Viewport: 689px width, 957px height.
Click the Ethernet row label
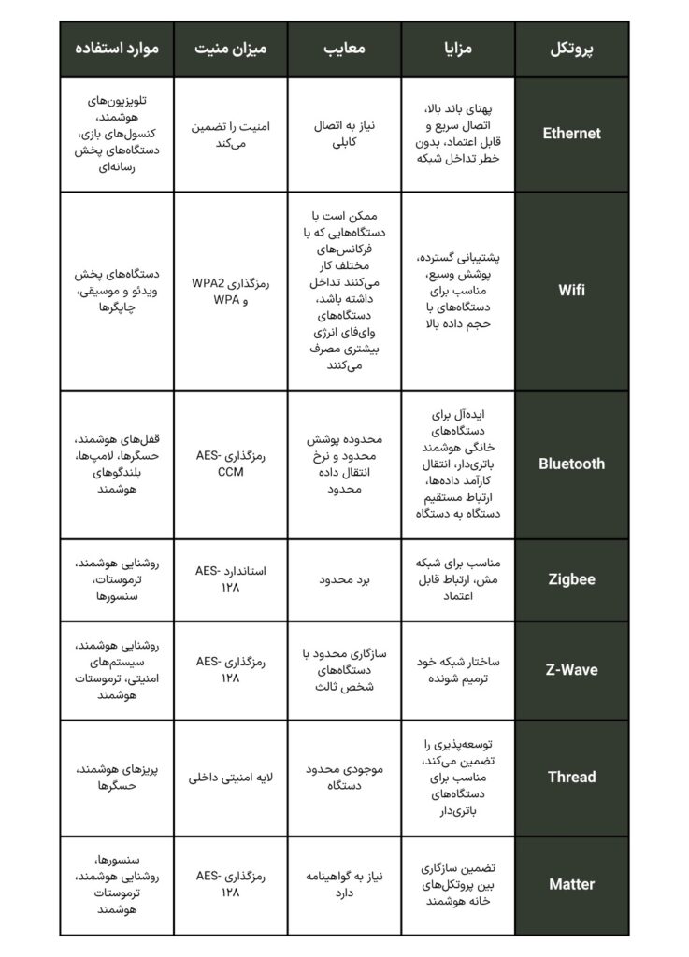coord(571,133)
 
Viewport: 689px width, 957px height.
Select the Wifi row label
coord(571,290)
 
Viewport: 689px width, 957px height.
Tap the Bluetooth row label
coord(571,464)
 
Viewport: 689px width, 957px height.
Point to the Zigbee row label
coord(571,579)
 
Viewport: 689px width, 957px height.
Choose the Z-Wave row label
coord(571,670)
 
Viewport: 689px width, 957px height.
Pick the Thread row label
coord(571,777)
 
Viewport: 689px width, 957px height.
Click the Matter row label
coord(571,884)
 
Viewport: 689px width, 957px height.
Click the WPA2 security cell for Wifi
coord(229,290)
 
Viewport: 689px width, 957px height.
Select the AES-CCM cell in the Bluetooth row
coord(229,464)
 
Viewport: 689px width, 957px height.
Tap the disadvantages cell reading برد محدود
coord(344,579)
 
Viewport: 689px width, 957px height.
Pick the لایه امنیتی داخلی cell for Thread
coord(229,777)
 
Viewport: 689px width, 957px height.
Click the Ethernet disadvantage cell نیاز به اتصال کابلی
coord(344,133)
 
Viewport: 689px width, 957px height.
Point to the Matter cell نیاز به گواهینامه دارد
coord(344,884)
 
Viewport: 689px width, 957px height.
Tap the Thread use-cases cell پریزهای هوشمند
coord(117,777)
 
